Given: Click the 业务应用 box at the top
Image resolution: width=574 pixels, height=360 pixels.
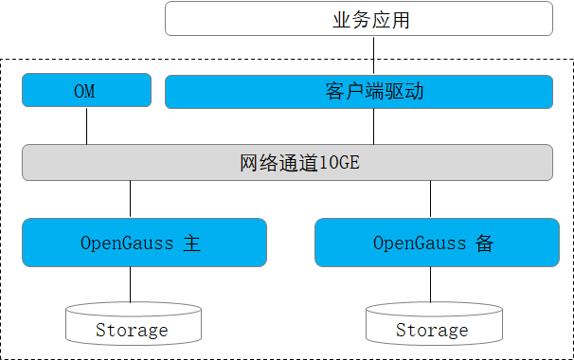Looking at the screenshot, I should pos(359,19).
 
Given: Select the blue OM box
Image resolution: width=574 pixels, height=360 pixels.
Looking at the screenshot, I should pos(86,92).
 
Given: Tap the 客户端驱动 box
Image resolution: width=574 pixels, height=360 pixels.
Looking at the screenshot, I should pos(359,92).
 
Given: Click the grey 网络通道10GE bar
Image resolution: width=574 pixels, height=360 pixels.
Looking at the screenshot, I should pos(287,162).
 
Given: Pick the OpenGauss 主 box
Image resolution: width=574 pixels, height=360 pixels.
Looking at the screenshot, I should pos(145,243).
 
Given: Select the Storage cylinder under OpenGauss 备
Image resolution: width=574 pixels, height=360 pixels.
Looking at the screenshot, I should pos(432,324).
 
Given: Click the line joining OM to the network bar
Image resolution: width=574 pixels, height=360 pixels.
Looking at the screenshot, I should pos(86,126).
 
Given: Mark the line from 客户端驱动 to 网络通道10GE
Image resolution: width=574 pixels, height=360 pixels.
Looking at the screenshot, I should pos(373,126).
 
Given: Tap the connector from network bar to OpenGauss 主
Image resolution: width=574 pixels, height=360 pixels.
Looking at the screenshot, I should pos(131,199).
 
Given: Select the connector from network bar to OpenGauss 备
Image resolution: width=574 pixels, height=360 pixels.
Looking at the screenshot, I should pos(432,199).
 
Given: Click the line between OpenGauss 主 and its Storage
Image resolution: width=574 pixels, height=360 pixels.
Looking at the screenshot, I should pos(131,284).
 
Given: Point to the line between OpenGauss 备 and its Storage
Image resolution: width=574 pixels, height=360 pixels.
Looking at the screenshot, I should pos(432,284).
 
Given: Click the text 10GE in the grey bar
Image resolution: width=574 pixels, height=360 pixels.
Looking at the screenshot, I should pos(339,163).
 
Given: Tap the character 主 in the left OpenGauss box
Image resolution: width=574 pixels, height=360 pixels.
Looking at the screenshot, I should pos(191,243).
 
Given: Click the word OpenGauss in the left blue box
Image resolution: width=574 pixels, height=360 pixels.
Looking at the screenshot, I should pos(127,243).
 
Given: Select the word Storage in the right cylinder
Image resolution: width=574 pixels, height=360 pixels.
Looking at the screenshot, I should pos(432,331).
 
